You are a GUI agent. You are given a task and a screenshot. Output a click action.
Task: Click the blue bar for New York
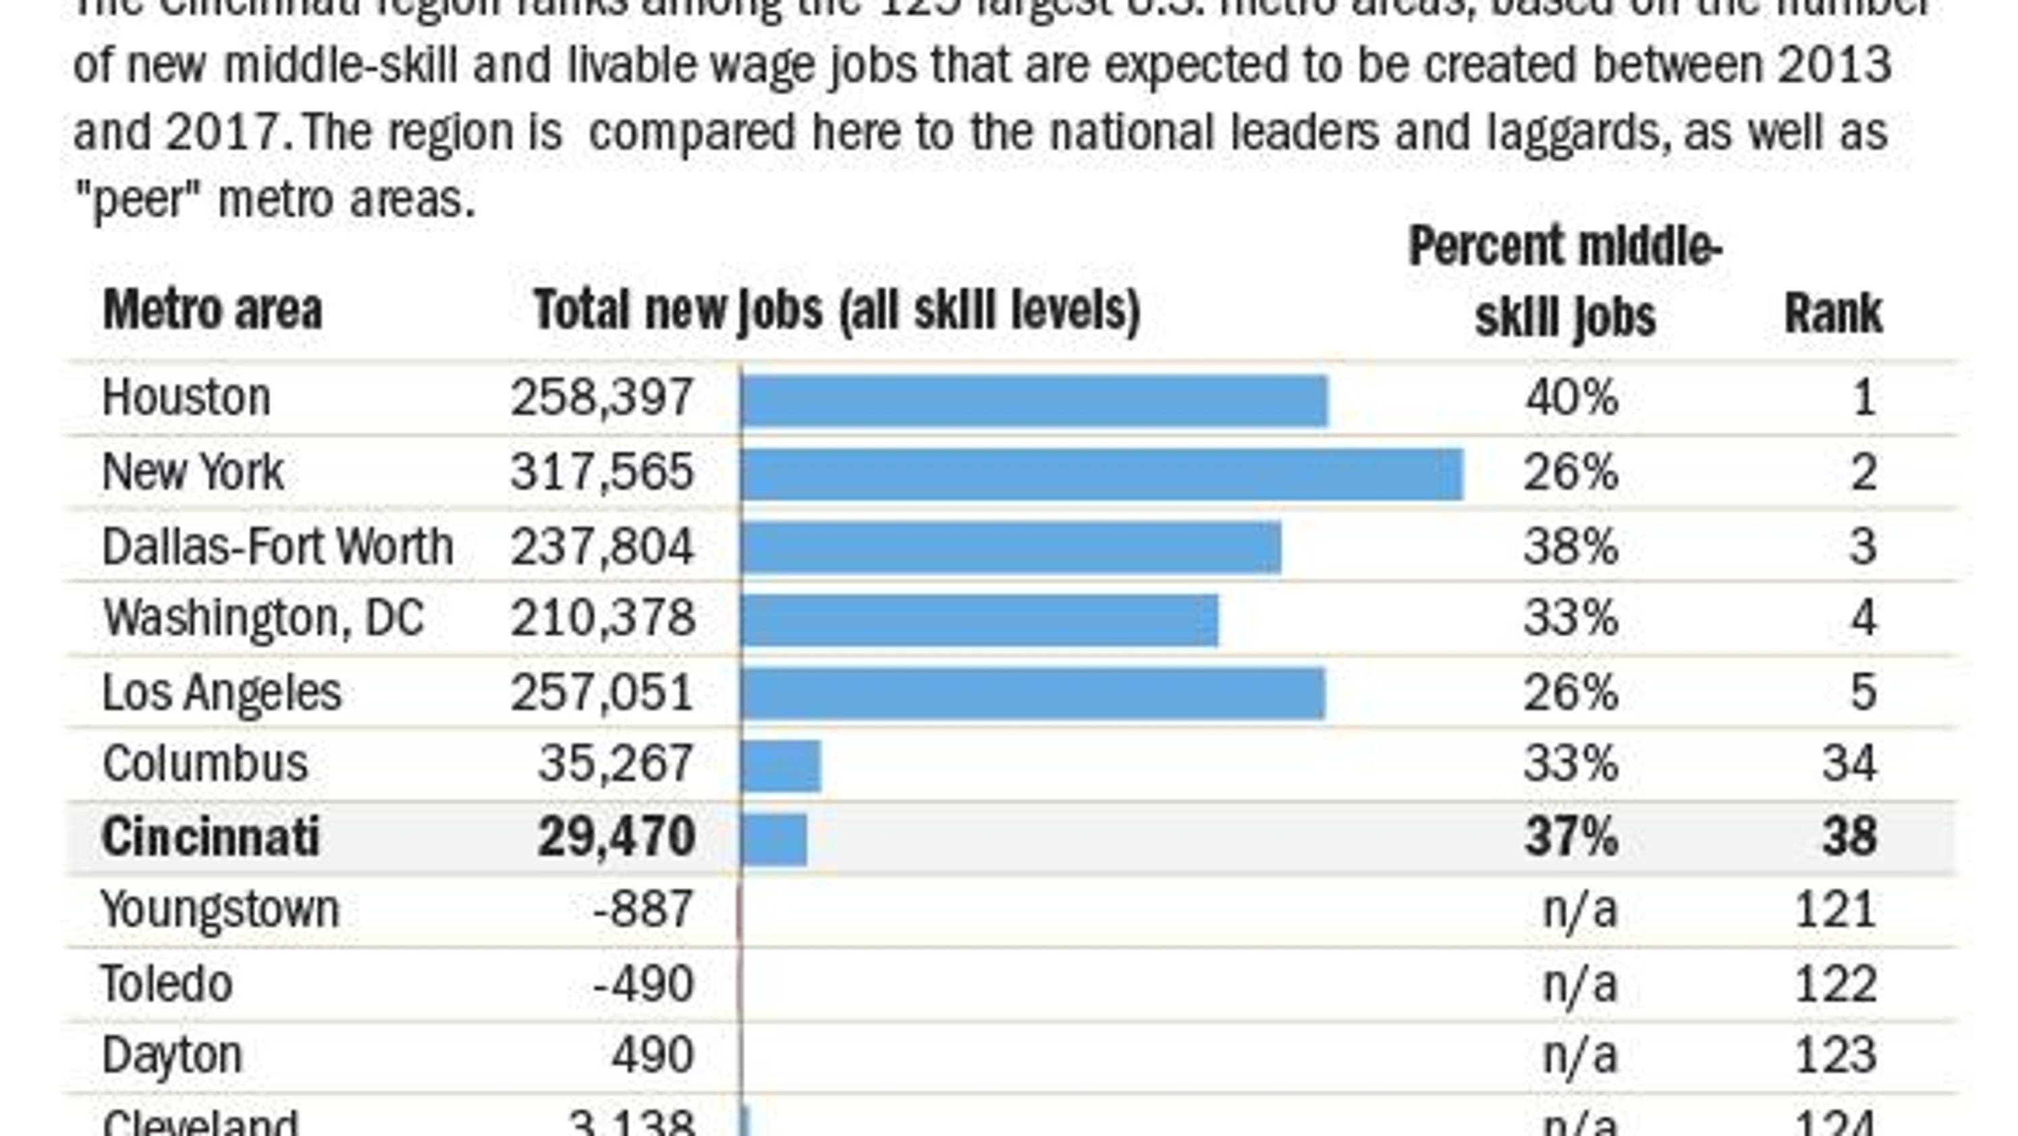1101,474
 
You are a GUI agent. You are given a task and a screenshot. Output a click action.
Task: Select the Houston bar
1034,400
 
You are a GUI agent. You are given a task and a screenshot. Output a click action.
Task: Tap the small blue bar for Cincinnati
774,839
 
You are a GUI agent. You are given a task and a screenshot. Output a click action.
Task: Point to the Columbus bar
781,765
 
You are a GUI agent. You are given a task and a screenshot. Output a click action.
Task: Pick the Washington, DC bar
979,620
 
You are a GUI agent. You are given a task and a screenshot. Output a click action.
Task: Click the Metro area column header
213,311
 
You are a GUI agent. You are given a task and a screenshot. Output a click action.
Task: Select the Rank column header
1832,314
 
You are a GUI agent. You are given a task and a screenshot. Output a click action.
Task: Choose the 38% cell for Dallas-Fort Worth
1570,546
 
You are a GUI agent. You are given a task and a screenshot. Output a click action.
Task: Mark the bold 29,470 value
616,837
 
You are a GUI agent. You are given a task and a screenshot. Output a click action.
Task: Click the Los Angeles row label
221,693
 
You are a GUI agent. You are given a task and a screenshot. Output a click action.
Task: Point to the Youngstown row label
220,911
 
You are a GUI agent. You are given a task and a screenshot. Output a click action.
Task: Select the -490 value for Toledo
643,984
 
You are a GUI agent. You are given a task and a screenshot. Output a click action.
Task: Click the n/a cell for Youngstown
1579,911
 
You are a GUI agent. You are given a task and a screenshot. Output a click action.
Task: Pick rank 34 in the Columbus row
1849,764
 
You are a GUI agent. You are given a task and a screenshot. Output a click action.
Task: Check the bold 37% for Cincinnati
1570,837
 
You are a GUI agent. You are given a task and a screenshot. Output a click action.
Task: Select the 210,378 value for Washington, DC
601,619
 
